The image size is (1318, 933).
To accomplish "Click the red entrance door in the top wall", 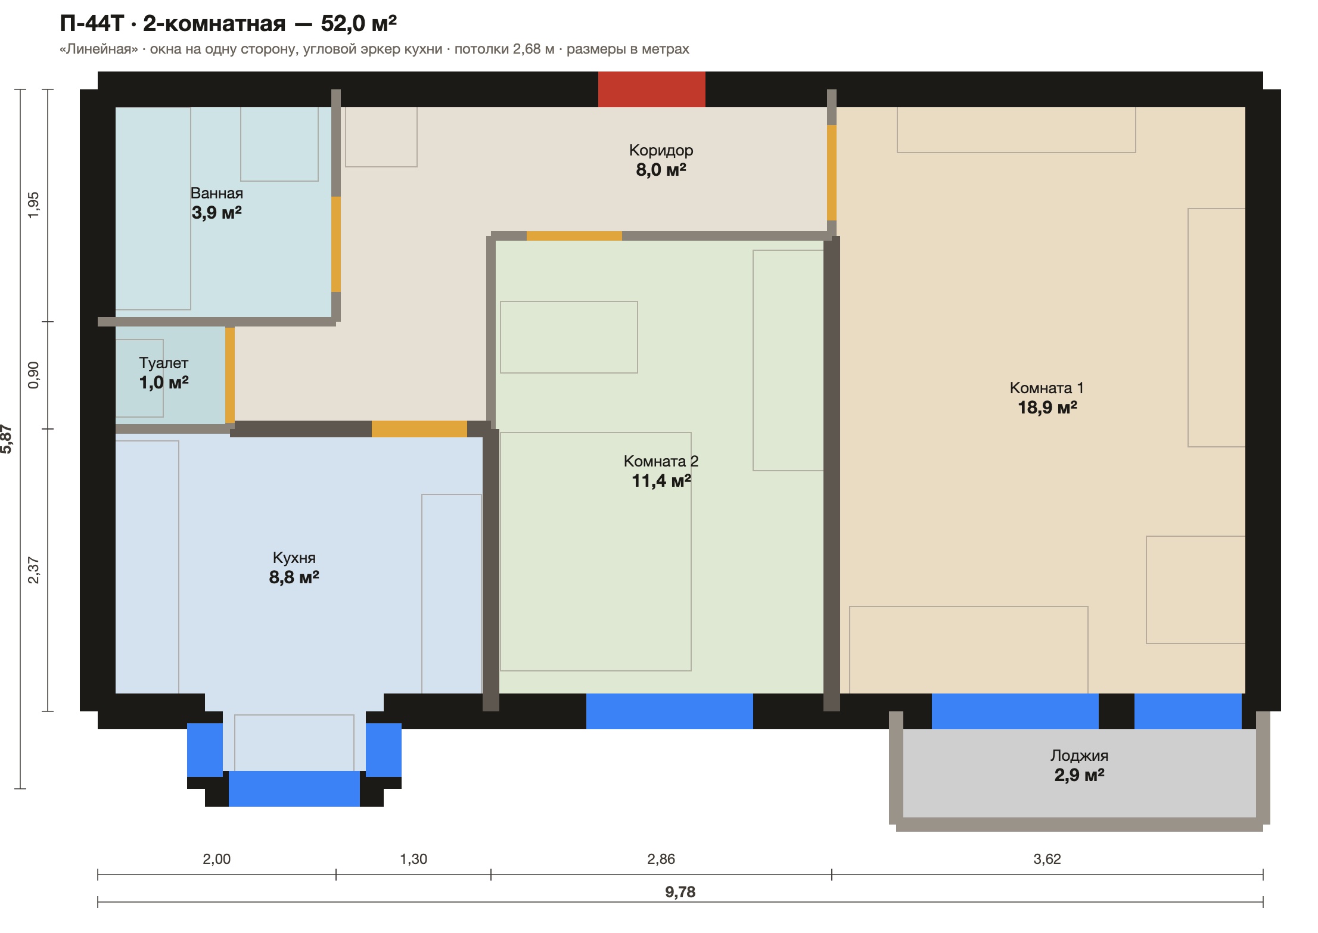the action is [x=651, y=89].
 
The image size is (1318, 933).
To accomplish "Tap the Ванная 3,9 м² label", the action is [x=216, y=203].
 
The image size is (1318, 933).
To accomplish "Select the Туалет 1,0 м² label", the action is [x=164, y=373].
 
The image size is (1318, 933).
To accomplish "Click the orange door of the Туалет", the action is [x=230, y=375].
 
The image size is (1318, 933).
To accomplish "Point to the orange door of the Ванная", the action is [x=336, y=244].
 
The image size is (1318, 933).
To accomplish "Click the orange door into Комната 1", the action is [x=832, y=173].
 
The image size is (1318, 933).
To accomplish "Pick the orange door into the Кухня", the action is [x=419, y=429].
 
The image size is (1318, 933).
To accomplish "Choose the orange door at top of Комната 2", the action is [x=574, y=236].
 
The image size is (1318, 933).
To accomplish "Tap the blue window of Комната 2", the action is [x=670, y=711].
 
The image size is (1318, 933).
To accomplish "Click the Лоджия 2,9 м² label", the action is [x=1079, y=766].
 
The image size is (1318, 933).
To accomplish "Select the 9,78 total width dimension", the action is [x=680, y=892].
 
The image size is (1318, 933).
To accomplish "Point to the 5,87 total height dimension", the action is [x=7, y=439].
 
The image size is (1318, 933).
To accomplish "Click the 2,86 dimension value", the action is [x=661, y=859].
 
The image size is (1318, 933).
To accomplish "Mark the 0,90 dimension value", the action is [x=33, y=375].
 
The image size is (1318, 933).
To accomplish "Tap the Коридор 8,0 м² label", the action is [x=661, y=160].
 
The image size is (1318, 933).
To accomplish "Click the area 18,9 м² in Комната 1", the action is [x=1047, y=408].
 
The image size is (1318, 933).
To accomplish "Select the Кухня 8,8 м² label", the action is [x=294, y=568].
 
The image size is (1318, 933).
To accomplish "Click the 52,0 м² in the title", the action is [x=359, y=23].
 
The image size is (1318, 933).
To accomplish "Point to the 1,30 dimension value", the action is [x=414, y=859].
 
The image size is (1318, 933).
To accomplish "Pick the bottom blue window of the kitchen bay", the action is [x=294, y=789].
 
